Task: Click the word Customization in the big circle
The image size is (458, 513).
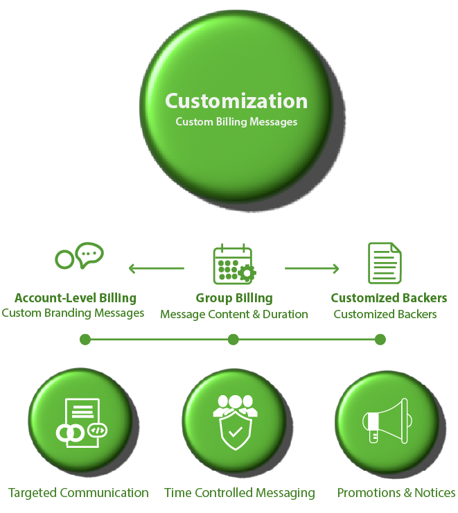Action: (236, 101)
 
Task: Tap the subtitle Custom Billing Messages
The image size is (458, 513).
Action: (236, 122)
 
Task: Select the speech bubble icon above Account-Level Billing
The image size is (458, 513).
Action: (79, 256)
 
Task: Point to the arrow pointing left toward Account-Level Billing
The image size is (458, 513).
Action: (156, 268)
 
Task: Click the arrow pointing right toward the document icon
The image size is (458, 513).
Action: (312, 268)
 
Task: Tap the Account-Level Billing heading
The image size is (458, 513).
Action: (75, 298)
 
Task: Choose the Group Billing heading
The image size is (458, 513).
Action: (234, 298)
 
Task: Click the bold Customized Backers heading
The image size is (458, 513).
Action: (389, 298)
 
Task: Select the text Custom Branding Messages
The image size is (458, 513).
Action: (73, 313)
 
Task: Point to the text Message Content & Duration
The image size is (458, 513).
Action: (234, 314)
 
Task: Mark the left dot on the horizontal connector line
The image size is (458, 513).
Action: (85, 340)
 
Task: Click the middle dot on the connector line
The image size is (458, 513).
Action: (234, 340)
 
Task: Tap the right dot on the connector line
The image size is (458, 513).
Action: (380, 340)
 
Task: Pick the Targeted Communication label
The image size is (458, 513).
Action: (78, 493)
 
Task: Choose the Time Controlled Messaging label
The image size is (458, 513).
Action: (240, 493)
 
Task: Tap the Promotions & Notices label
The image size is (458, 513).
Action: (396, 493)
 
